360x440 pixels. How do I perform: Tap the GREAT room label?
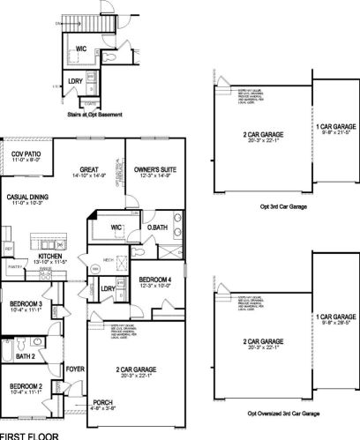tap(87, 168)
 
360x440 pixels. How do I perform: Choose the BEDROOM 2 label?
tap(25, 386)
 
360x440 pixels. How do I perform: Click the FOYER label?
tap(73, 369)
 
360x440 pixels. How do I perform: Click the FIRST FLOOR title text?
tap(28, 436)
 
